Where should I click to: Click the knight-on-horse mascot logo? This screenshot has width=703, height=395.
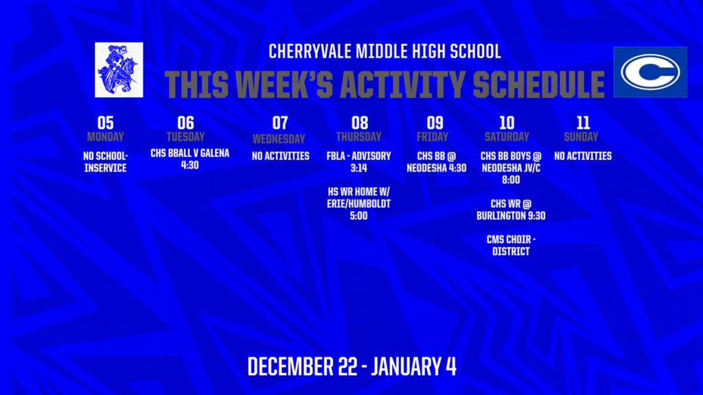pyautogui.click(x=119, y=69)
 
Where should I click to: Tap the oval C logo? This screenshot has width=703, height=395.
pyautogui.click(x=649, y=72)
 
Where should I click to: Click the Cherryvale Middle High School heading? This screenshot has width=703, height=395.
pyautogui.click(x=384, y=51)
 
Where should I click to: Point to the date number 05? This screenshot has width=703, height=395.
pyautogui.click(x=105, y=123)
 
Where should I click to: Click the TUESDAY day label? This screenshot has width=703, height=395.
pyautogui.click(x=185, y=136)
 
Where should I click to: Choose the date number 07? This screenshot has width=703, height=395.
pyautogui.click(x=280, y=123)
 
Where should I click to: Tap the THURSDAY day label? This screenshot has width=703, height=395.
pyautogui.click(x=359, y=136)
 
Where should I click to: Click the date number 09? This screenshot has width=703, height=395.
pyautogui.click(x=435, y=123)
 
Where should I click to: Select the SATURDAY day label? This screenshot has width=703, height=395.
pyautogui.click(x=507, y=136)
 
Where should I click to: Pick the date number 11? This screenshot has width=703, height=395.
pyautogui.click(x=583, y=123)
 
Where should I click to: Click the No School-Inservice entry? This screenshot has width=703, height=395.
pyautogui.click(x=105, y=162)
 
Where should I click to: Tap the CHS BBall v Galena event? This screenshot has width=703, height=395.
pyautogui.click(x=190, y=159)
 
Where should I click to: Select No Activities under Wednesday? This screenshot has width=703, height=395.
pyautogui.click(x=280, y=156)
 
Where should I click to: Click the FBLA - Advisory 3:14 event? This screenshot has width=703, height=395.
pyautogui.click(x=359, y=162)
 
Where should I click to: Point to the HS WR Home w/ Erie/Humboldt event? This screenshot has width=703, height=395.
pyautogui.click(x=359, y=203)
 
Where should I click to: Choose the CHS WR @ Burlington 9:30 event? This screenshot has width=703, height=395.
pyautogui.click(x=511, y=209)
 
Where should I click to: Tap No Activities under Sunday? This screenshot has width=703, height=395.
pyautogui.click(x=583, y=156)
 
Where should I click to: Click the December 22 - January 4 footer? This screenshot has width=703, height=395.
pyautogui.click(x=351, y=366)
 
